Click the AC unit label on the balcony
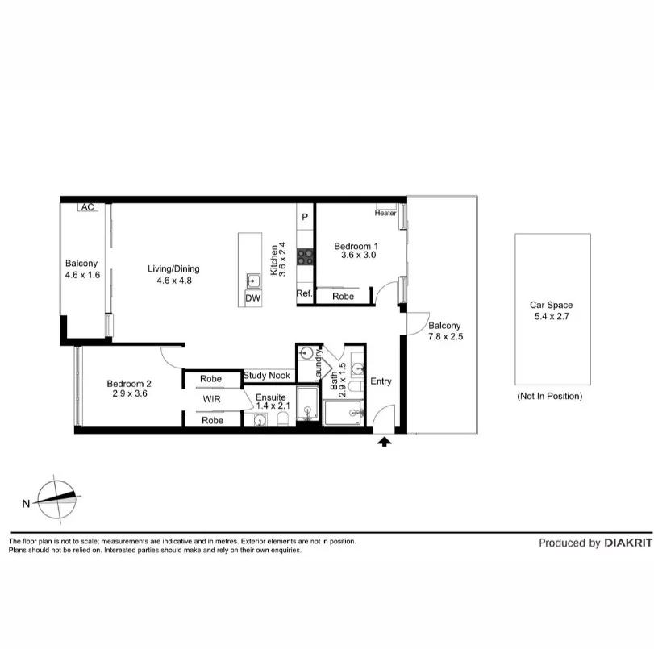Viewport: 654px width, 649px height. pyautogui.click(x=87, y=207)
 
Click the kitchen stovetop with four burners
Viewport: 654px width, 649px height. pyautogui.click(x=306, y=256)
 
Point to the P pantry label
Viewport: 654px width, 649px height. pyautogui.click(x=306, y=217)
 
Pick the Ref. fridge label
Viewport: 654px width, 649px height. pyautogui.click(x=304, y=294)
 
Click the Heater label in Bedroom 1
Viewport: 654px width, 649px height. pyautogui.click(x=385, y=214)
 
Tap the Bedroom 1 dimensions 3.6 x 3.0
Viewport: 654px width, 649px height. pyautogui.click(x=358, y=255)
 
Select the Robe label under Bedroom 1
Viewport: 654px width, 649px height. pyautogui.click(x=343, y=296)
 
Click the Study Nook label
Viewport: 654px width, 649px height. pyautogui.click(x=267, y=376)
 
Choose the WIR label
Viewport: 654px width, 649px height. pyautogui.click(x=212, y=398)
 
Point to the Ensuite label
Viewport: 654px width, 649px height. pyautogui.click(x=271, y=397)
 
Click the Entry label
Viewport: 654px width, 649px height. pyautogui.click(x=381, y=381)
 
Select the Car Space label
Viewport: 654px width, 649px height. pyautogui.click(x=551, y=305)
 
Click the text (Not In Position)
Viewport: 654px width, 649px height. pyautogui.click(x=549, y=396)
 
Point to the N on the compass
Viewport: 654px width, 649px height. pyautogui.click(x=27, y=504)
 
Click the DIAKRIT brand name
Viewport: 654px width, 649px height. pyautogui.click(x=628, y=543)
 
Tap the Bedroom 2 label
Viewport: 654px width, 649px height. pyautogui.click(x=129, y=384)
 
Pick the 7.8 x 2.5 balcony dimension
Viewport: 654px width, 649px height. pyautogui.click(x=445, y=336)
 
